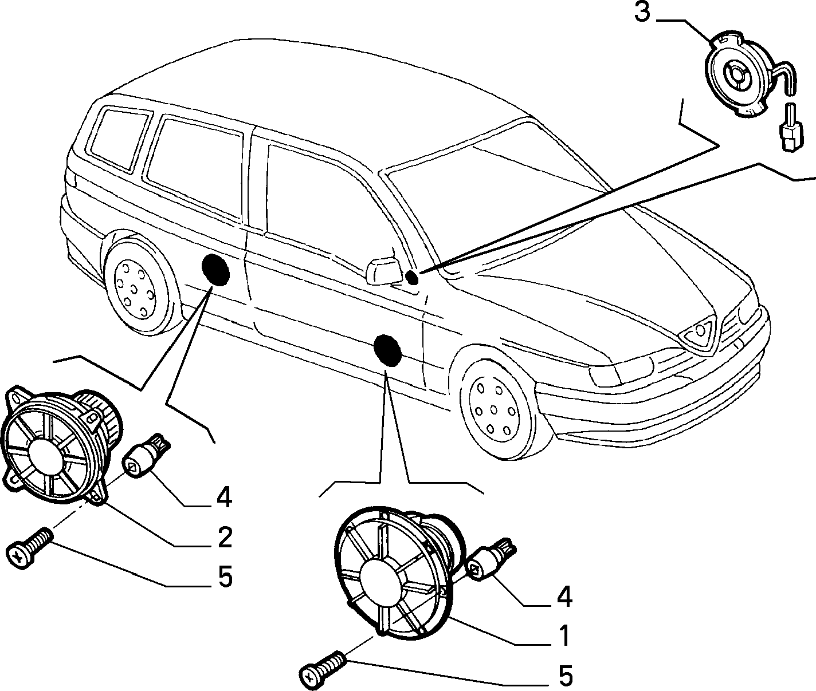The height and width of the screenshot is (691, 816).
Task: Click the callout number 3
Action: [642, 12]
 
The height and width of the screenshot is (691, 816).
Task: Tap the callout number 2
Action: [225, 537]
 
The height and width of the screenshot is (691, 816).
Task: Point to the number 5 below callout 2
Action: [225, 577]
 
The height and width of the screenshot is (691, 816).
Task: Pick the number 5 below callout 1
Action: [566, 675]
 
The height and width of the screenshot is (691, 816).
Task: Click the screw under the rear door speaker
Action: [29, 548]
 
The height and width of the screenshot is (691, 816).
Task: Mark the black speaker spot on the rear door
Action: [215, 270]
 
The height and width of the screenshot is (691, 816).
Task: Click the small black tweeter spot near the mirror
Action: [412, 278]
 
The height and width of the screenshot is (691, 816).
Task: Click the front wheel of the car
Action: [498, 413]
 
